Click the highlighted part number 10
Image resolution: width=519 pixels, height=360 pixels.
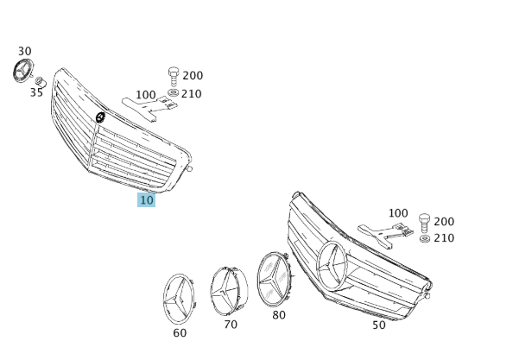click(146, 200)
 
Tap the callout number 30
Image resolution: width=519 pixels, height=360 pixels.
click(25, 51)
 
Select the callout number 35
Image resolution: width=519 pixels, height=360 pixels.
click(37, 92)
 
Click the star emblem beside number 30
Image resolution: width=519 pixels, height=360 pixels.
click(22, 71)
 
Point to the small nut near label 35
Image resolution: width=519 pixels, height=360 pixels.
click(40, 80)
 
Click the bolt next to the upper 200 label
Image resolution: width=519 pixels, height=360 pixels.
click(174, 77)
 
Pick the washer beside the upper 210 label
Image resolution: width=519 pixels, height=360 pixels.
click(173, 92)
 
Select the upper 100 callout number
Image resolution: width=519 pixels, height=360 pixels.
click(146, 95)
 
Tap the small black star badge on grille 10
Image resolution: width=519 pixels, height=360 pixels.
click(100, 117)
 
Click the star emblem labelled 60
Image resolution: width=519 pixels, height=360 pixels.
click(179, 299)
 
